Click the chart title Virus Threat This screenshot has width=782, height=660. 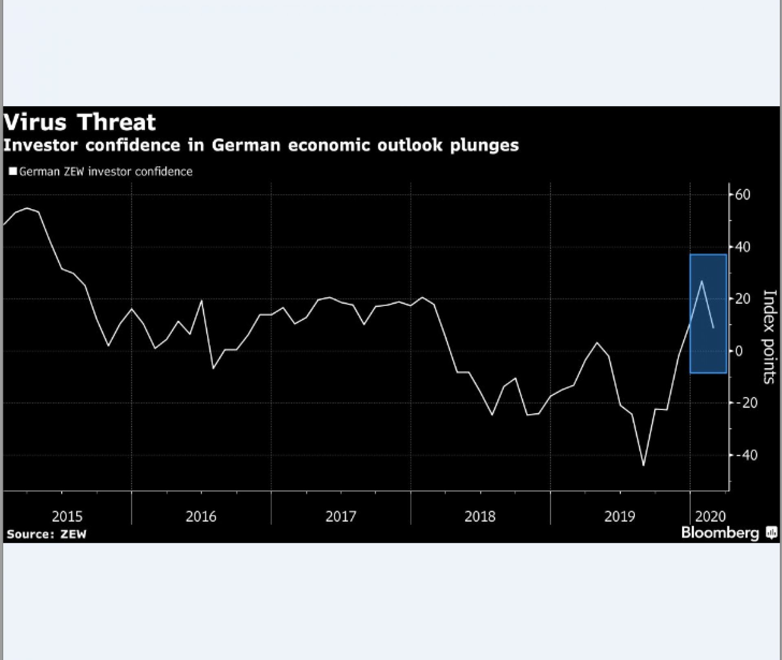tap(80, 122)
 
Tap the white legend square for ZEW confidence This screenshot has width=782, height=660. tap(13, 171)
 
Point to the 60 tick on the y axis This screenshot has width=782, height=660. tap(742, 195)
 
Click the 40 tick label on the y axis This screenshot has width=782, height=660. tap(742, 247)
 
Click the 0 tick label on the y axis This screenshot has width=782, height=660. tap(738, 351)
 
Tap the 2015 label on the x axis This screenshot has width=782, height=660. tap(67, 517)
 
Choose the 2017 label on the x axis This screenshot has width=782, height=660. tap(341, 517)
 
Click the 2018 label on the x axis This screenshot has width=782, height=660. tap(480, 517)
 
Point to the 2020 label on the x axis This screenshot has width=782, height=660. tap(710, 517)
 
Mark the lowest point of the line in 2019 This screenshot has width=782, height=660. tap(644, 465)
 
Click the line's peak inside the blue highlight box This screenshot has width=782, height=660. tap(701, 281)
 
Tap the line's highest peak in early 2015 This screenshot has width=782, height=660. tap(27, 208)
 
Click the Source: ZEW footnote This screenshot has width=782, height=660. tap(46, 534)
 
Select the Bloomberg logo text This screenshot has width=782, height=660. tap(720, 533)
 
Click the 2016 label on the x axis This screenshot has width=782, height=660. tap(201, 517)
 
